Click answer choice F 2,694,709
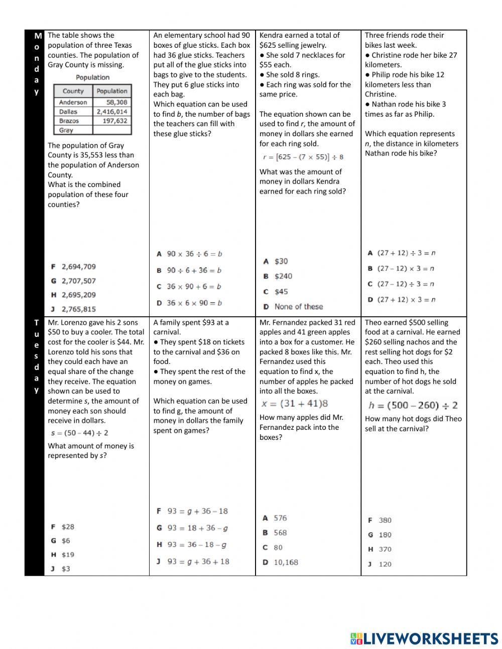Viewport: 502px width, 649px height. pos(73,266)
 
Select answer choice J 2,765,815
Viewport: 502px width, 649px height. pos(73,309)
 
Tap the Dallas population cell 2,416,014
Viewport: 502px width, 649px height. pos(112,112)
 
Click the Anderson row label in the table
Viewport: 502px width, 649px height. pos(73,102)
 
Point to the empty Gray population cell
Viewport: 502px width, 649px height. pos(112,130)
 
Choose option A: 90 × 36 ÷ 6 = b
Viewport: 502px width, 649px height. pos(189,254)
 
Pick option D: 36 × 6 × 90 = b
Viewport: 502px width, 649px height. pos(189,303)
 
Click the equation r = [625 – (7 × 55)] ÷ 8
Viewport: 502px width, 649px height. pos(303,157)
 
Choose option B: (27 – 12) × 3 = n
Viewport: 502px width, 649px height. pos(401,268)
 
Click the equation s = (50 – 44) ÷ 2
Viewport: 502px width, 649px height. pos(79,433)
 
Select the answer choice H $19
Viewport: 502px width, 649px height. pos(63,554)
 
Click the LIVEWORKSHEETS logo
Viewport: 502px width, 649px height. pos(424,638)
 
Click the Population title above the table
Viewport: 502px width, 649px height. pos(92,77)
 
